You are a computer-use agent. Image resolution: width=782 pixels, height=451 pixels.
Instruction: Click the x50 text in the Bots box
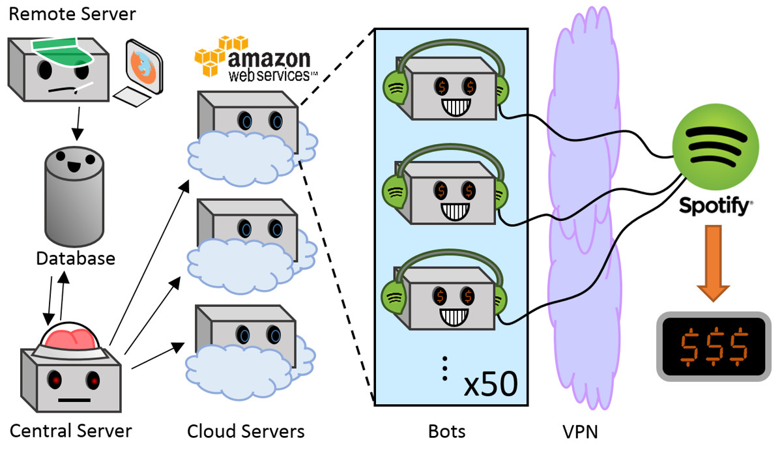pos(490,385)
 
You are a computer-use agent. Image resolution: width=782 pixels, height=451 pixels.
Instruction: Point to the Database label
pos(76,258)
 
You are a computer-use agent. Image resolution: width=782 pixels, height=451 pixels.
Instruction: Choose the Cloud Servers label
pos(246,431)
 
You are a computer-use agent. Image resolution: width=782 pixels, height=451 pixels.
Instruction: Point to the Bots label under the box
pos(447,431)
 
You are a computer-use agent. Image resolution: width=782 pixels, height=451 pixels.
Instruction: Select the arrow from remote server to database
pos(77,122)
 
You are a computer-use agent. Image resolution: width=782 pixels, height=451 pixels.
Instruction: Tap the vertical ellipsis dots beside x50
pos(444,368)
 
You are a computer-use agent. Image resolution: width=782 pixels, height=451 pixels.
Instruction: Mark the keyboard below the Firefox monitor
pos(135,97)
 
